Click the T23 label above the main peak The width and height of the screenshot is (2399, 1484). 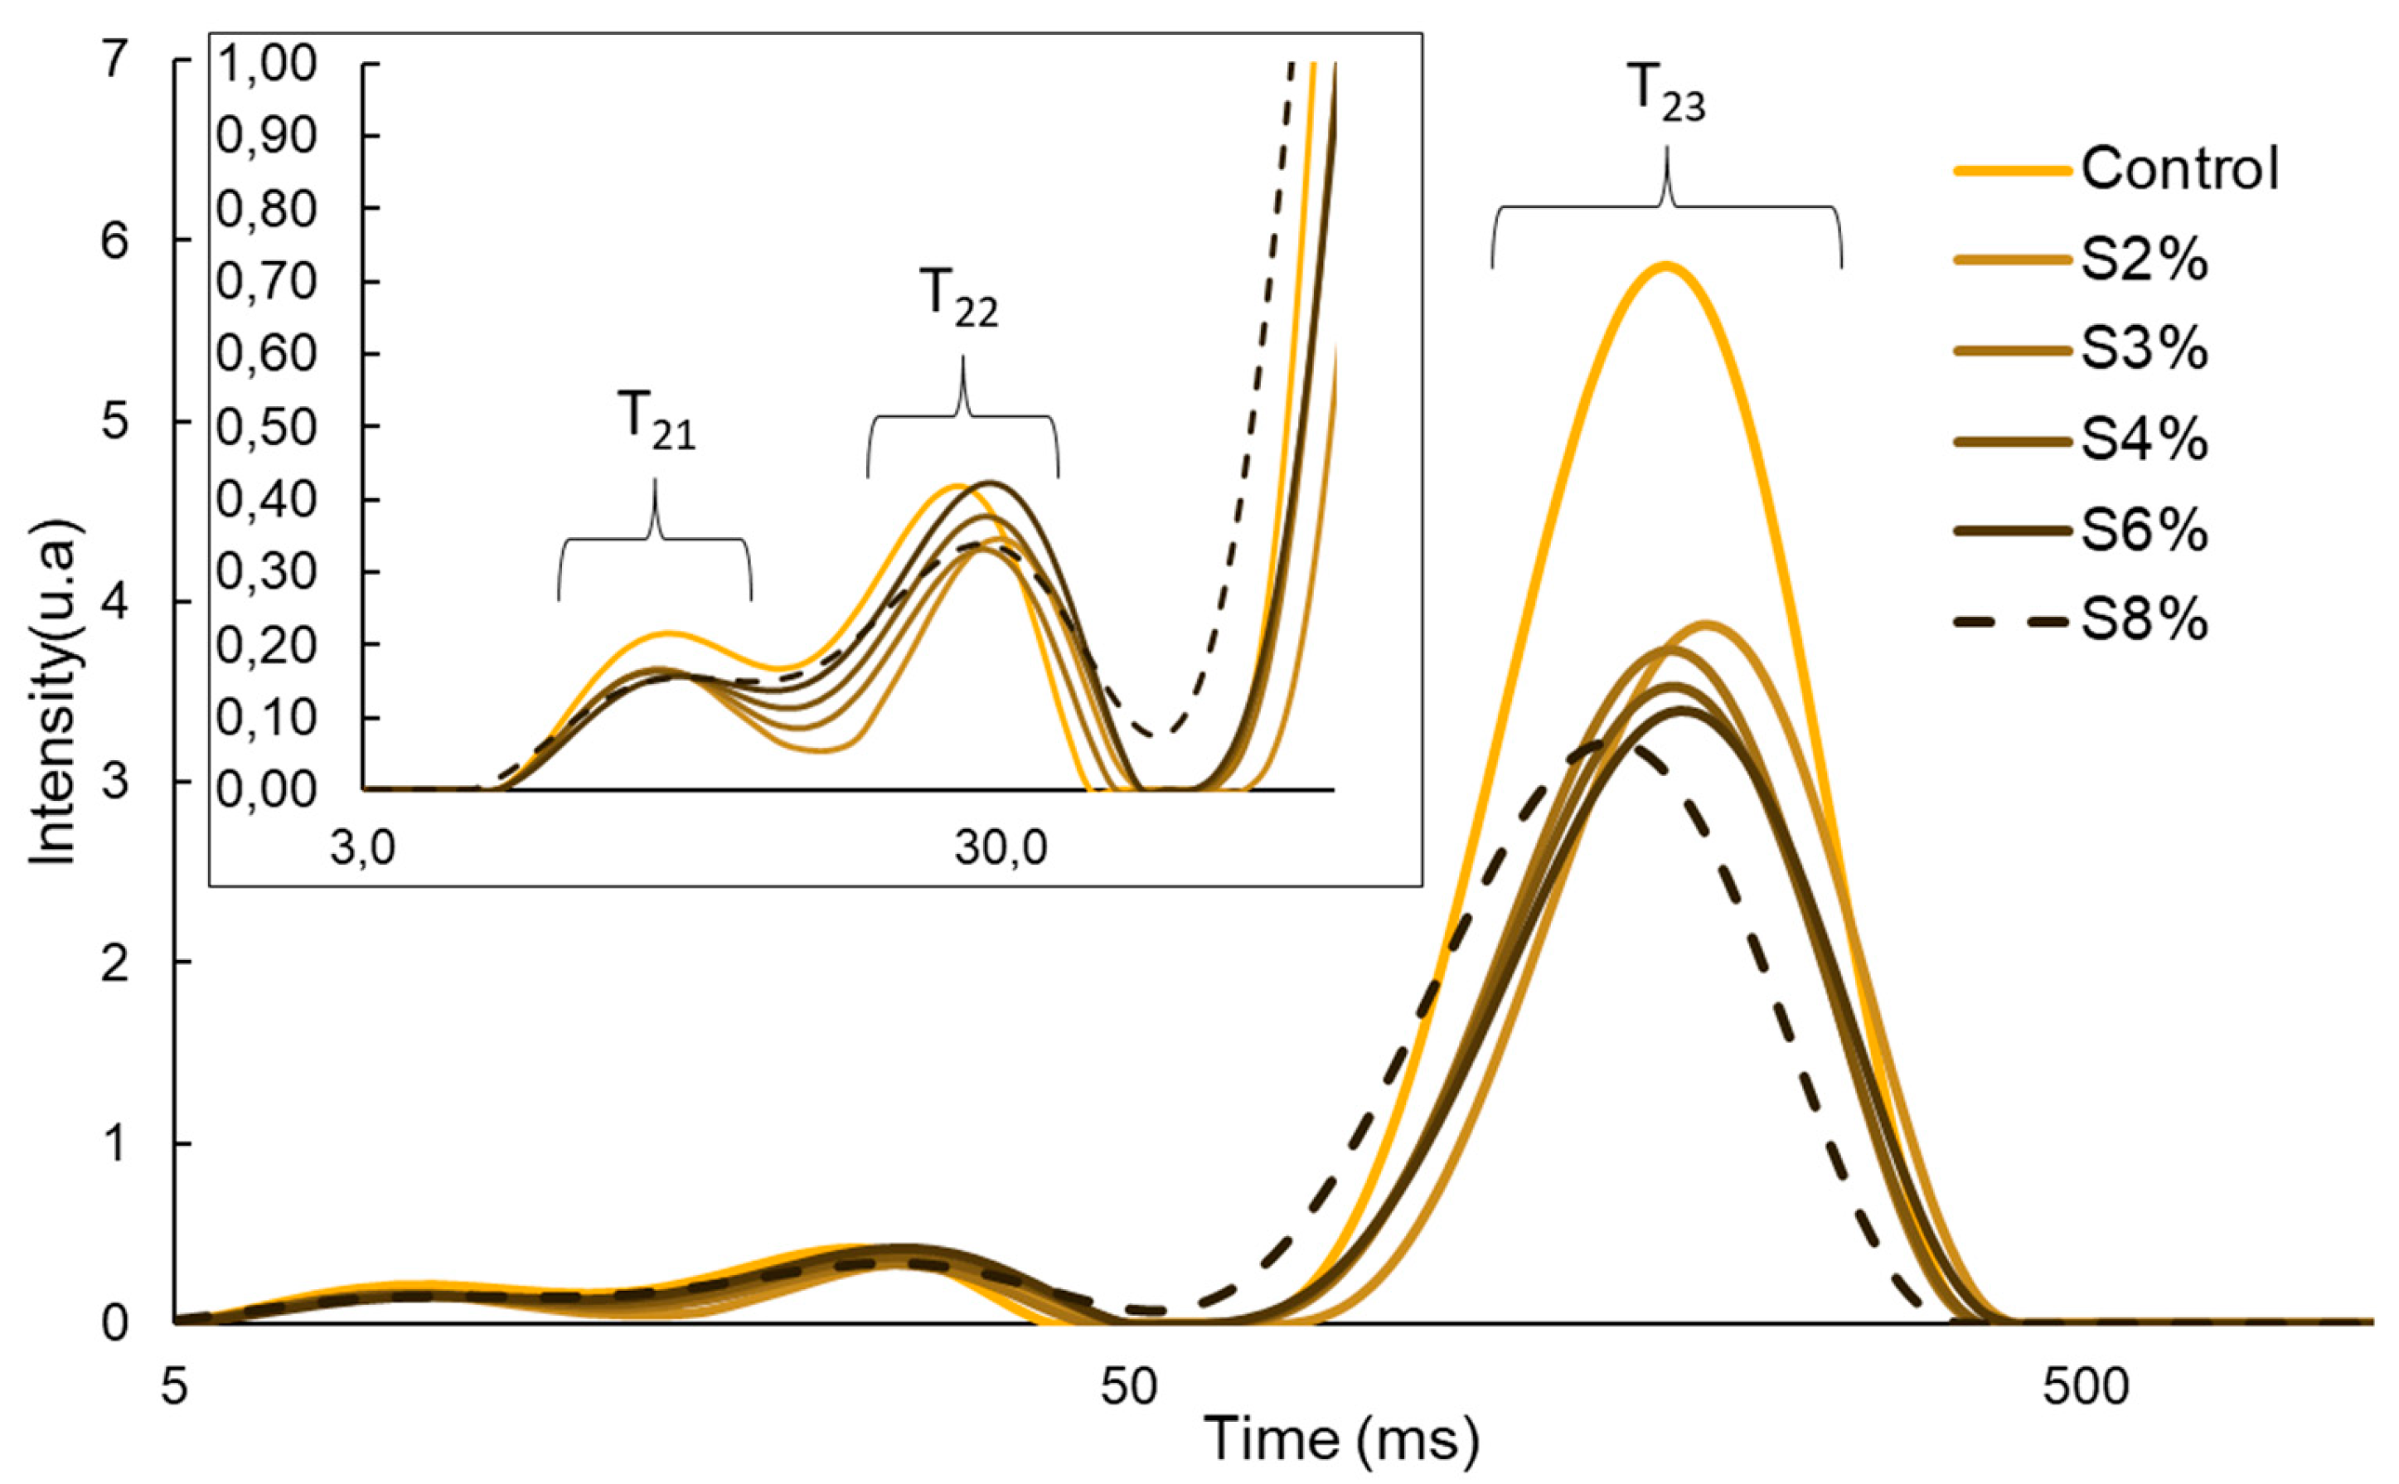tap(1667, 95)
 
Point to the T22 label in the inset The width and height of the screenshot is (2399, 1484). tap(960, 298)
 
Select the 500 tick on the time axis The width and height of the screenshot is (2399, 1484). tap(2085, 1388)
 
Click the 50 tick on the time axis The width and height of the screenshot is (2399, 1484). tap(1128, 1388)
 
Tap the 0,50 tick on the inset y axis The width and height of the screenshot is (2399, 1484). tap(253, 428)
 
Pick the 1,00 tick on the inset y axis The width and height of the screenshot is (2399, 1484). tap(253, 65)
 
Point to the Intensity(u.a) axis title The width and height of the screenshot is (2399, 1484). tap(51, 692)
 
